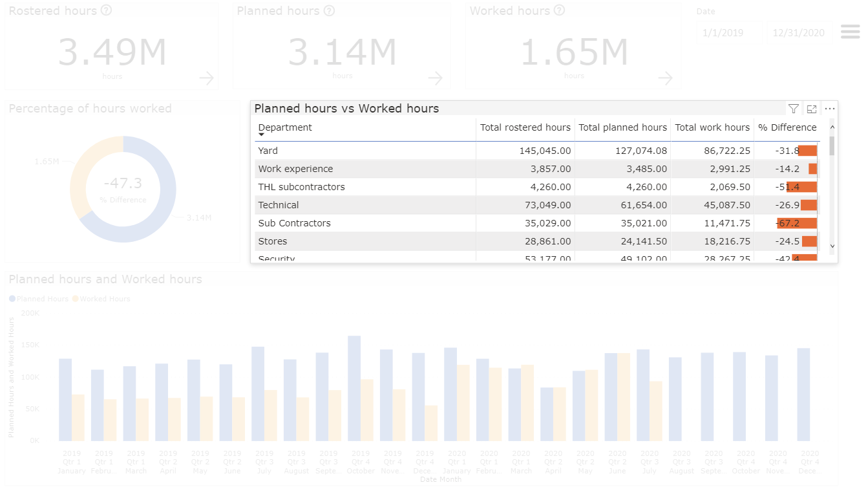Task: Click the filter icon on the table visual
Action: [x=794, y=109]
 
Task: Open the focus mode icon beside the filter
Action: [x=812, y=109]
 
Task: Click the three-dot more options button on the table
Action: [x=830, y=109]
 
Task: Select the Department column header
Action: [x=285, y=127]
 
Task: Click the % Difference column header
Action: [x=787, y=127]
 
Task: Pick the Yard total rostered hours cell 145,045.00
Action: [x=545, y=151]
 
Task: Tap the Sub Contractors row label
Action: [x=294, y=223]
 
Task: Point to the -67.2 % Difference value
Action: [x=788, y=223]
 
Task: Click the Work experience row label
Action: [x=295, y=169]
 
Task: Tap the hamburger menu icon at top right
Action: [x=850, y=32]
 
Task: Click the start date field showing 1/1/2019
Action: [x=723, y=33]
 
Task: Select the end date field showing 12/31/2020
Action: [x=798, y=33]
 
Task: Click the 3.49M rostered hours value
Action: [x=112, y=53]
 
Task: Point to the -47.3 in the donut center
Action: [x=123, y=184]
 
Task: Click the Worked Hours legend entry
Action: [x=105, y=299]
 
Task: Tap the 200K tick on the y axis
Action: [x=30, y=312]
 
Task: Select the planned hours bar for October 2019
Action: [x=354, y=388]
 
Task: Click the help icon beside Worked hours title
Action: [x=560, y=10]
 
